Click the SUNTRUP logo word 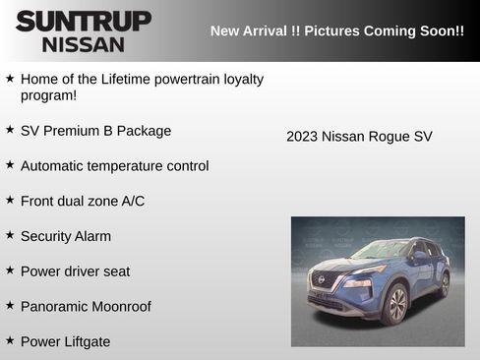(x=83, y=20)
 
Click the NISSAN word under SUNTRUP (x=84, y=43)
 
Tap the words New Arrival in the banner (x=250, y=30)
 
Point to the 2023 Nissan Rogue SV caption (x=359, y=137)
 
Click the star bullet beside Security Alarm (x=10, y=235)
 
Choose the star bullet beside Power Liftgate (x=10, y=340)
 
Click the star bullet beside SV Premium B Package (x=10, y=130)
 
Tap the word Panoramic (x=56, y=306)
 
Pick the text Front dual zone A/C (x=83, y=201)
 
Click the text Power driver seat (x=75, y=270)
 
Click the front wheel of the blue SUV (x=395, y=304)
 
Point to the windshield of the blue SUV (x=379, y=250)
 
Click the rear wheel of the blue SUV (x=444, y=284)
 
